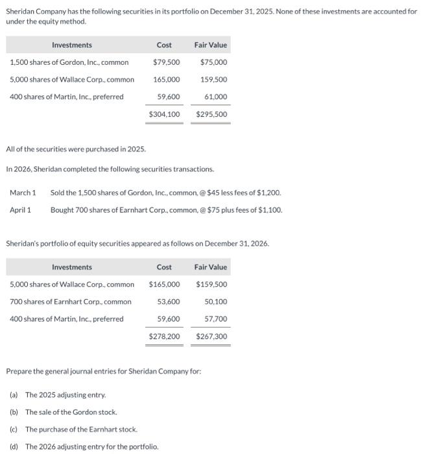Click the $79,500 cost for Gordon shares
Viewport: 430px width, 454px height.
[x=167, y=62]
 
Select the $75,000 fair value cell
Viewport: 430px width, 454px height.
[x=213, y=62]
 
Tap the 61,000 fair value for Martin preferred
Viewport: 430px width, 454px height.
[x=216, y=97]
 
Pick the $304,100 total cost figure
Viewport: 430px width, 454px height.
[x=165, y=114]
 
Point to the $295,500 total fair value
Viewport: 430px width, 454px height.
[x=211, y=114]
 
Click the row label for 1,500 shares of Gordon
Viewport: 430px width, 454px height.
[x=69, y=62]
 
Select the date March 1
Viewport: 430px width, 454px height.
[x=23, y=193]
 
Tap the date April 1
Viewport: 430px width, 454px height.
[x=21, y=209]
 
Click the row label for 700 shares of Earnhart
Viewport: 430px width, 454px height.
[x=70, y=302]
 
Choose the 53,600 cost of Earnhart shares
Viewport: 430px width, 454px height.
[x=169, y=302]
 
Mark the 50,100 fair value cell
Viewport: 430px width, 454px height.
[x=215, y=302]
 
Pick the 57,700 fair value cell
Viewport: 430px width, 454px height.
[x=215, y=319]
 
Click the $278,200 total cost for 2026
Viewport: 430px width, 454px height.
[x=165, y=337]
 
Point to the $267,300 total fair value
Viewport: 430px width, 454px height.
[x=211, y=337]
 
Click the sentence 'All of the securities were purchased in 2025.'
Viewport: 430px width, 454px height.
[x=76, y=149]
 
